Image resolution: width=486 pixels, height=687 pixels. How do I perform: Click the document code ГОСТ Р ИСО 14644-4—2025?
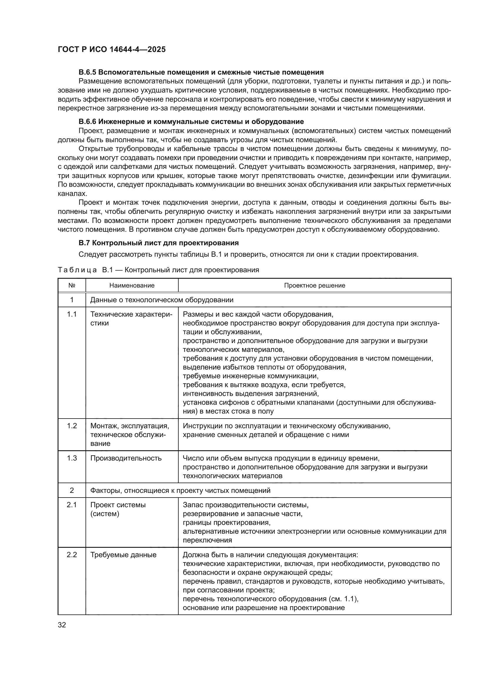[x=112, y=49]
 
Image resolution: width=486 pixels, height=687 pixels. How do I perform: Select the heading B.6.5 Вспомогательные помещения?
[x=201, y=72]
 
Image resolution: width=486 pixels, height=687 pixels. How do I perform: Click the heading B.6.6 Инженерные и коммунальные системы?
[x=191, y=122]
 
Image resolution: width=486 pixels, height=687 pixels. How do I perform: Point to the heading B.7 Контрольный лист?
[x=159, y=243]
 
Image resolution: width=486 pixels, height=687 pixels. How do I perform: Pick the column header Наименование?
[x=132, y=285]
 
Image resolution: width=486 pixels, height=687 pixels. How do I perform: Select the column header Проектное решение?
[x=314, y=285]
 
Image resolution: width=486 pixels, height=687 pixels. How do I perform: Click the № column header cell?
[x=72, y=285]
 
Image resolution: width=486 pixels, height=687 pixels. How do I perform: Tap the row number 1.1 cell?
[x=72, y=314]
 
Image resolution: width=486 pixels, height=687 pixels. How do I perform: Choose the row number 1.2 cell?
[x=72, y=426]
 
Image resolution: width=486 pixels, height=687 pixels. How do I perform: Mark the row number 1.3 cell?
[x=72, y=458]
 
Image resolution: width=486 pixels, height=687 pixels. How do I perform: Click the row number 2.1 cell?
[x=72, y=505]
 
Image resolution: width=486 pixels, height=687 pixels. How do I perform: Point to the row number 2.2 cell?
[x=72, y=555]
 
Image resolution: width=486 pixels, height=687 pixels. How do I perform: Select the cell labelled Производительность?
[x=126, y=458]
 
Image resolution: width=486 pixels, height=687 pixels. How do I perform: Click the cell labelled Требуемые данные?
[x=123, y=555]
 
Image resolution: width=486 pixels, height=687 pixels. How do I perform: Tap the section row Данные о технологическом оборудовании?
[x=162, y=300]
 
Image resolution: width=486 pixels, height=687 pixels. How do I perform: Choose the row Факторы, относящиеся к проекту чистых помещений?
[x=180, y=491]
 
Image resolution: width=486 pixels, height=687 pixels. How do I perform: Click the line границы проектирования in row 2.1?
[x=227, y=523]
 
